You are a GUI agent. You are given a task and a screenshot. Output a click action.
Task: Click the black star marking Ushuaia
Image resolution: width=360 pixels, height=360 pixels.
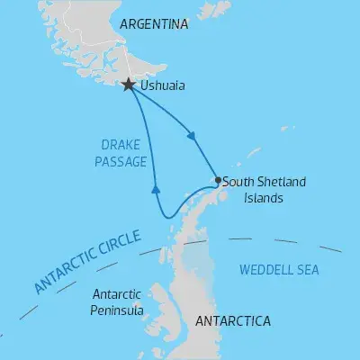[129, 85]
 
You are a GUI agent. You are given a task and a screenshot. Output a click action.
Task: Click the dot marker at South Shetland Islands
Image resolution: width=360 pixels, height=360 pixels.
[217, 180]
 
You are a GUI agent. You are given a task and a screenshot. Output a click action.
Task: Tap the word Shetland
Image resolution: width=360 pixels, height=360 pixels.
[281, 181]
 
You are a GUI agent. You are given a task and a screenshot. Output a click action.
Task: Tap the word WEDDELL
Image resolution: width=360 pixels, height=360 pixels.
[264, 269]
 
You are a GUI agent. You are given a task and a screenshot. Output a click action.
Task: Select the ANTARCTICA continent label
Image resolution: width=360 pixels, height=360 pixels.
[231, 320]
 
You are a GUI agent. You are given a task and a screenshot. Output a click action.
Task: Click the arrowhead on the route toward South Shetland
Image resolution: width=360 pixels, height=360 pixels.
[191, 138]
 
